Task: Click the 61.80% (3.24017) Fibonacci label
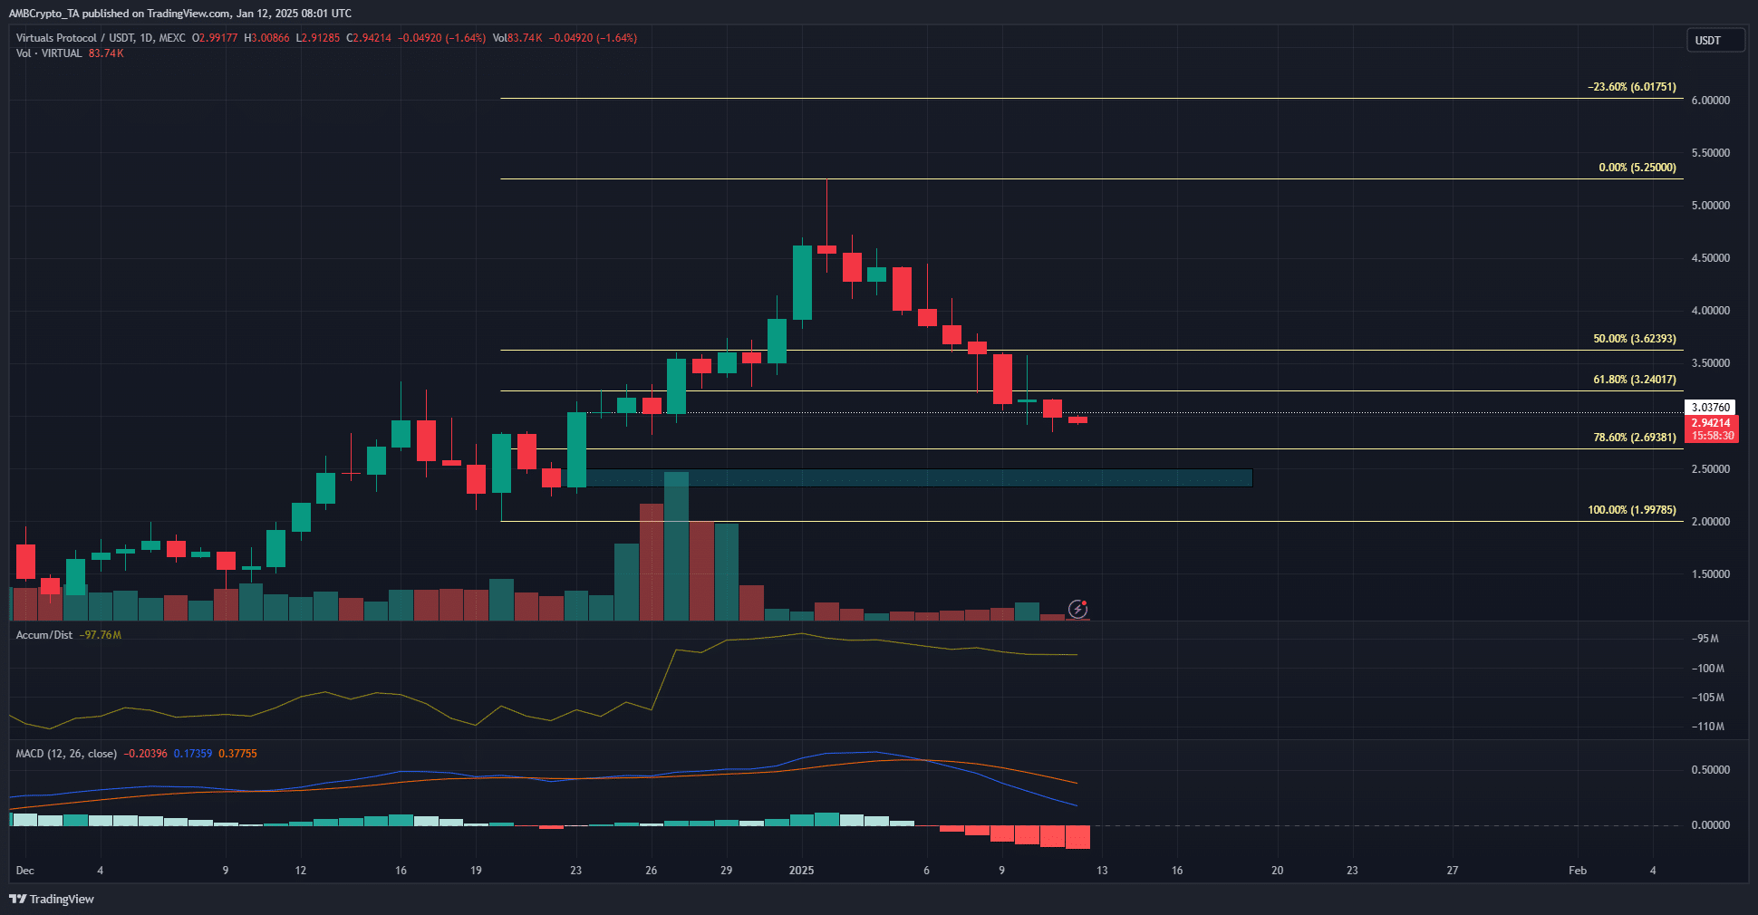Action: pyautogui.click(x=1634, y=380)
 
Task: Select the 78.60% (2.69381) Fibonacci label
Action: pyautogui.click(x=1634, y=438)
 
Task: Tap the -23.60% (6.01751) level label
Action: pyautogui.click(x=1631, y=87)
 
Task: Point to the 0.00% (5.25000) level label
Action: pyautogui.click(x=1637, y=168)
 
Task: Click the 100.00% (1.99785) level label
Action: pyautogui.click(x=1631, y=510)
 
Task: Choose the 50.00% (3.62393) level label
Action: pyautogui.click(x=1634, y=339)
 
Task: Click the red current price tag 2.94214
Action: pyautogui.click(x=1710, y=423)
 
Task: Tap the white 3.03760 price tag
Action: pyautogui.click(x=1710, y=408)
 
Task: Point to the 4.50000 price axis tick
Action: pyautogui.click(x=1710, y=258)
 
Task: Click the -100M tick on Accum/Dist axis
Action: pyautogui.click(x=1707, y=669)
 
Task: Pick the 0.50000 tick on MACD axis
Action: pyautogui.click(x=1710, y=770)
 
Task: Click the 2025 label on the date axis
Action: pyautogui.click(x=801, y=871)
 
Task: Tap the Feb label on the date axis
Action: pyautogui.click(x=1577, y=871)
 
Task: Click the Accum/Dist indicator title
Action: pyautogui.click(x=44, y=635)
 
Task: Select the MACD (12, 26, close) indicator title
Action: pyautogui.click(x=66, y=754)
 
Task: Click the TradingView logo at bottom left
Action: pyautogui.click(x=52, y=899)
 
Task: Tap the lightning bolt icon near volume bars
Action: pyautogui.click(x=1077, y=609)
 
